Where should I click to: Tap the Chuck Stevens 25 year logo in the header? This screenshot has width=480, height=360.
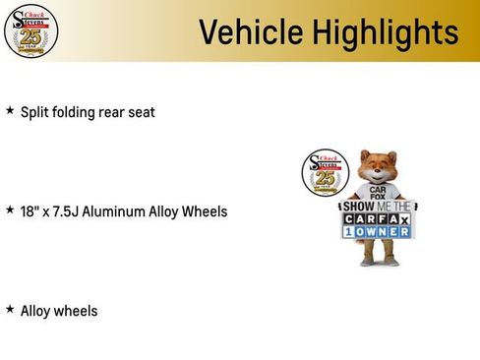tap(30, 31)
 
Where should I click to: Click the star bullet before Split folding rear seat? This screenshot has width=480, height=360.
tap(10, 111)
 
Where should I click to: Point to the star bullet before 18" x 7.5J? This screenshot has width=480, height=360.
tap(10, 210)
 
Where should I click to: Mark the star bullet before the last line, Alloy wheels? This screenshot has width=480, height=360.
tap(10, 310)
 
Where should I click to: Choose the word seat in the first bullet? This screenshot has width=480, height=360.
tap(141, 112)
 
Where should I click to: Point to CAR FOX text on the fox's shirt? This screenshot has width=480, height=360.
tap(379, 192)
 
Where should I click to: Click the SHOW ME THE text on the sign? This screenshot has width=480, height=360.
tap(379, 207)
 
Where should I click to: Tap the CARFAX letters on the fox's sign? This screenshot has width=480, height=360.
tap(379, 219)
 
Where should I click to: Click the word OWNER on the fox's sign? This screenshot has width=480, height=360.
tap(386, 232)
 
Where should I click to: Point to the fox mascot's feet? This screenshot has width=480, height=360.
tap(379, 261)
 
